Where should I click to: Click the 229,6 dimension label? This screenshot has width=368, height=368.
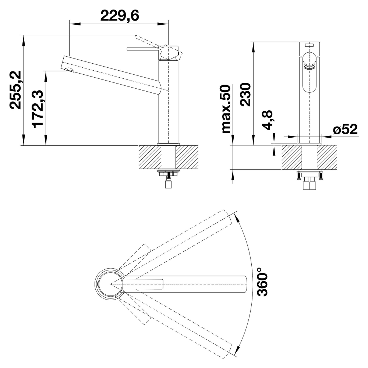coord(120,16)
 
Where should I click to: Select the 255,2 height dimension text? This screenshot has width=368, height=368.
coord(15,90)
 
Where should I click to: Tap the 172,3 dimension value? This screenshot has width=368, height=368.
coord(38,109)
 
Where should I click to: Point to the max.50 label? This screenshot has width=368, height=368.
coord(226,109)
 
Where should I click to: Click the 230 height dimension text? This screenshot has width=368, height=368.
coord(246,94)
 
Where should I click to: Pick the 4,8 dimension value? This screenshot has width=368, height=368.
coord(267,120)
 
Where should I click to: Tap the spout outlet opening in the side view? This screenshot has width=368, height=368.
coord(68,70)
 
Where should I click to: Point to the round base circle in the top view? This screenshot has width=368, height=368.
coord(109,284)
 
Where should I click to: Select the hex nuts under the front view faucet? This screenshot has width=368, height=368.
coord(309,183)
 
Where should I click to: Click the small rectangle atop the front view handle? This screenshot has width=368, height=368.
coord(309,45)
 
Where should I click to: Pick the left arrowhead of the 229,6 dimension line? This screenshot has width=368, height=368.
coord(75,24)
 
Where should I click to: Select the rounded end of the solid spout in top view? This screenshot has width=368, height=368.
coord(245,284)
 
